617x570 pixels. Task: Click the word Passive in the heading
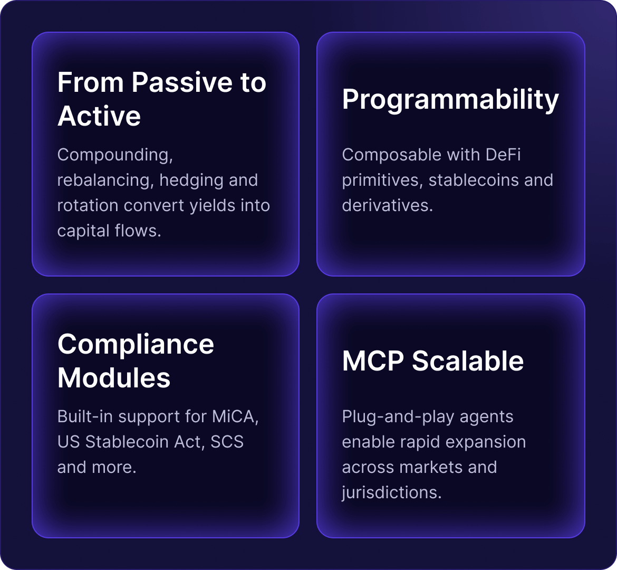[x=180, y=82]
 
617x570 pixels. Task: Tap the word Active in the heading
[x=99, y=116]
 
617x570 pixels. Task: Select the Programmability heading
[x=450, y=99]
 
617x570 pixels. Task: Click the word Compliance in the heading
[x=136, y=345]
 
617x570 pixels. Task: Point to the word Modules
[x=114, y=378]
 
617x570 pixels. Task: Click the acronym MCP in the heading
[x=373, y=362]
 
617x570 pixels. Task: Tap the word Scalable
[x=468, y=362]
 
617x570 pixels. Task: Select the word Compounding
[x=115, y=155]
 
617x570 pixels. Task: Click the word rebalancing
[x=104, y=180]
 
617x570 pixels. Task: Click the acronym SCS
[x=227, y=442]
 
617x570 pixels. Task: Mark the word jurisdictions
[x=391, y=493]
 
